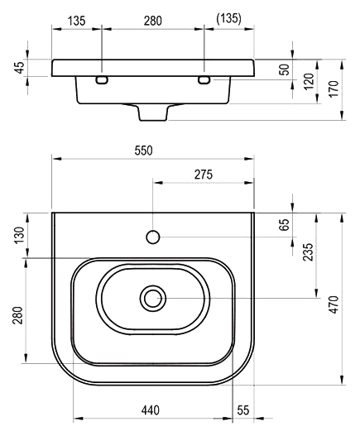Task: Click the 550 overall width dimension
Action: pyautogui.click(x=143, y=151)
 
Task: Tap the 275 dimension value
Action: pyautogui.click(x=204, y=175)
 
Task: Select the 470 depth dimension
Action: pyautogui.click(x=334, y=304)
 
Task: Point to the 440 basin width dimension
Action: pyautogui.click(x=151, y=410)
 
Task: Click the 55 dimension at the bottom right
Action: pyautogui.click(x=243, y=410)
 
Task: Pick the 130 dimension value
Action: pyautogui.click(x=20, y=235)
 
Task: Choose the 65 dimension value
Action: pyautogui.click(x=284, y=225)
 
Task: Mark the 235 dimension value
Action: pyautogui.click(x=308, y=252)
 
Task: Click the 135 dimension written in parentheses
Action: pyautogui.click(x=228, y=19)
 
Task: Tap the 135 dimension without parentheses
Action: pyautogui.click(x=77, y=21)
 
